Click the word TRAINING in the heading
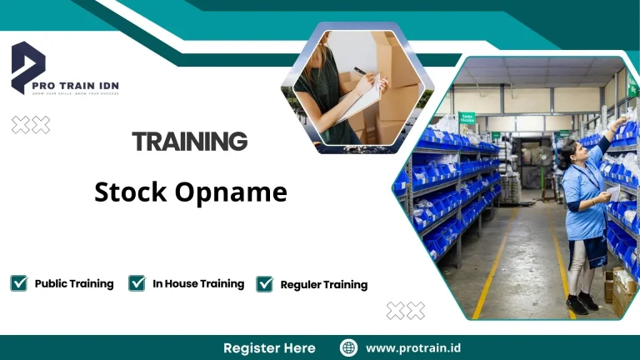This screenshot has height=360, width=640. [190, 142]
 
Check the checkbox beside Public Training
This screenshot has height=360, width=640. [18, 283]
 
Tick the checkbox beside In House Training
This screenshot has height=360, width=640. [137, 283]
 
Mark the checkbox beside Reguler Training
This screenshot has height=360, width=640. [265, 284]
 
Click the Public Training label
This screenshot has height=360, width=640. [74, 283]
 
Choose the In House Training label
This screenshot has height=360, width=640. [198, 283]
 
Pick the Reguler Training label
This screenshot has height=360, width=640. [324, 284]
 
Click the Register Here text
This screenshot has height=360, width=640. [269, 347]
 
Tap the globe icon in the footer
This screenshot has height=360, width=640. [348, 347]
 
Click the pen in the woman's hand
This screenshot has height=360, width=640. [361, 72]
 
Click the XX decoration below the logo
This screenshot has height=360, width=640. [31, 125]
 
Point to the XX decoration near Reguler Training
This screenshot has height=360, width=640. [406, 311]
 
